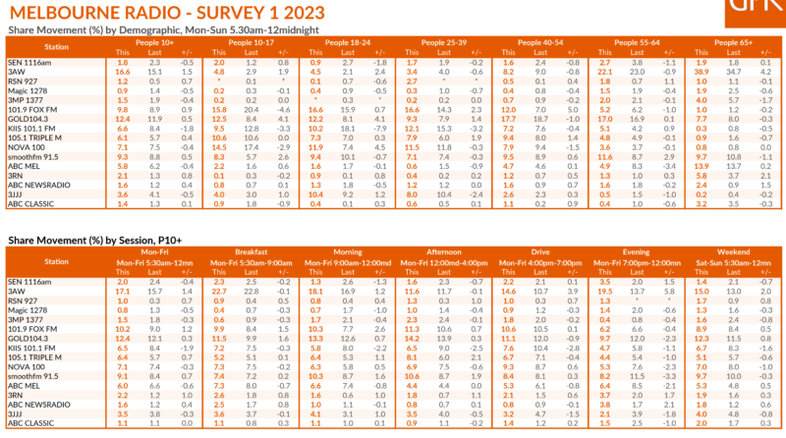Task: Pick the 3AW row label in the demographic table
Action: coord(17,72)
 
